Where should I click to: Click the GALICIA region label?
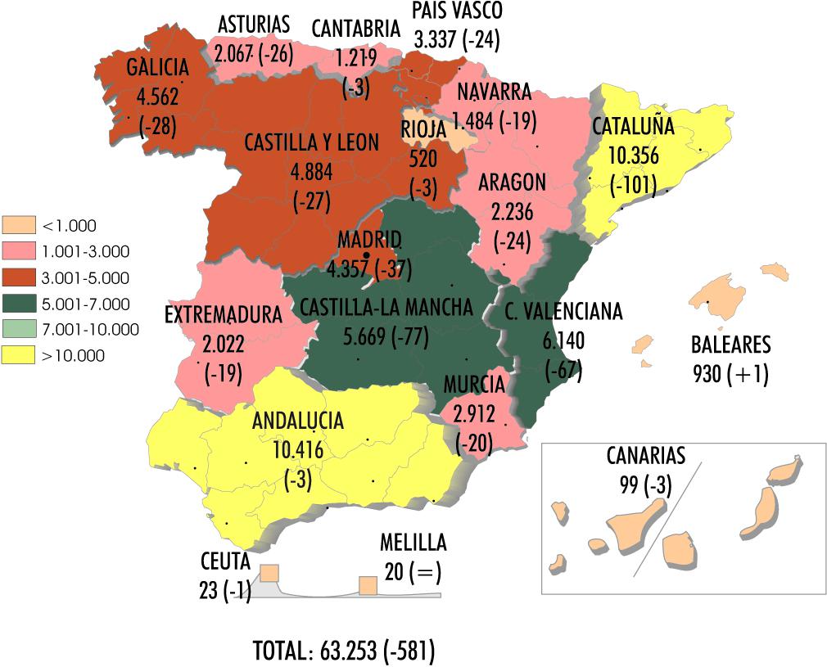point(158,67)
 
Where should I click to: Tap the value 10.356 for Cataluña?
point(634,155)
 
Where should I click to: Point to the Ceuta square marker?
point(269,572)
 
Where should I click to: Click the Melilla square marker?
point(368,585)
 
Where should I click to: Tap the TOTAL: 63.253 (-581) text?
point(344,651)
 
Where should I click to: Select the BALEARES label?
point(730,345)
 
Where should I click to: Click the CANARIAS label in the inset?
point(645,456)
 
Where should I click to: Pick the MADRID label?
point(370,240)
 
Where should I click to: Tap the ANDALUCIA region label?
point(297,421)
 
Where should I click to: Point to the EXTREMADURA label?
point(223,314)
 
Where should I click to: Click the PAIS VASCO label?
point(457,11)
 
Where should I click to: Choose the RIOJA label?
point(423,128)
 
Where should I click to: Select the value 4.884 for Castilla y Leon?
point(312,173)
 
